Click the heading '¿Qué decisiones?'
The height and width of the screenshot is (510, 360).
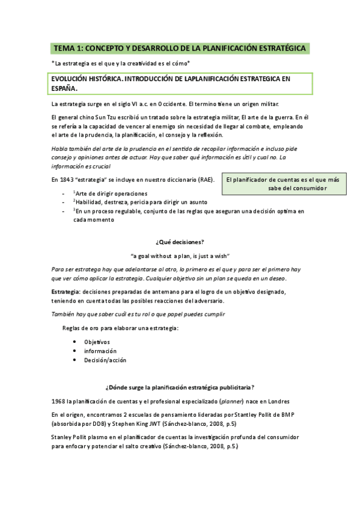(x=180, y=242)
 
